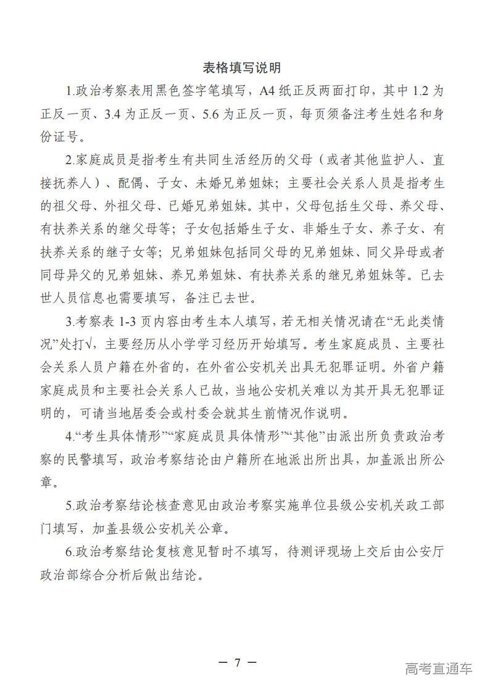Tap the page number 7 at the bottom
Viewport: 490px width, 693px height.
(x=238, y=663)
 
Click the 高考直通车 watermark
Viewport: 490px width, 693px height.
(x=439, y=668)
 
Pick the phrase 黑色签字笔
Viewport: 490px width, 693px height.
(x=185, y=91)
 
